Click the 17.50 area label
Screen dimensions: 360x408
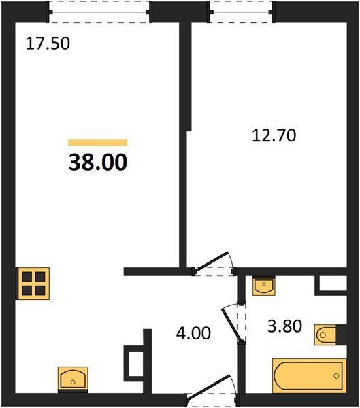(48, 44)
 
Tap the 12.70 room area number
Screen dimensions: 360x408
(274, 135)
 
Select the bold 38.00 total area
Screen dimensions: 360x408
(98, 162)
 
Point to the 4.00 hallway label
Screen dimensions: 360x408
(193, 333)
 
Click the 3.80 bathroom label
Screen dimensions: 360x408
(284, 326)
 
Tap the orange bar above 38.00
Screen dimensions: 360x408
(98, 142)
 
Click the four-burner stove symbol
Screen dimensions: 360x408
(33, 284)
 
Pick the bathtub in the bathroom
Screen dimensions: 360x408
(309, 376)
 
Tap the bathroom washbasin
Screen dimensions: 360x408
(263, 286)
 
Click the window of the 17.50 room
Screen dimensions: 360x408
(99, 12)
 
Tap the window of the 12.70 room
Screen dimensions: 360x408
(241, 12)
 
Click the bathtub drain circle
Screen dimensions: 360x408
(336, 376)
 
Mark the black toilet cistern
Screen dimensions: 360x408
(341, 335)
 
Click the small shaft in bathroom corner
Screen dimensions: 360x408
(331, 285)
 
